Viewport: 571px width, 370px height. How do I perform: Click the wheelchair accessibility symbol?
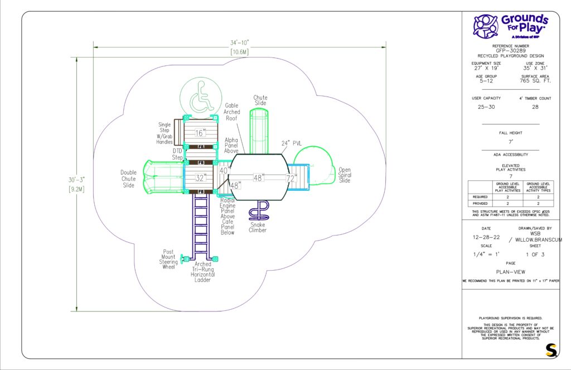click(x=199, y=99)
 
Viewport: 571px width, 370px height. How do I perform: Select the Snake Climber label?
click(x=258, y=227)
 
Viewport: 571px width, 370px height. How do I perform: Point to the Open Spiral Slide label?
click(x=345, y=175)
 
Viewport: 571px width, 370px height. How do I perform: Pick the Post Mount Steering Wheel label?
click(x=169, y=259)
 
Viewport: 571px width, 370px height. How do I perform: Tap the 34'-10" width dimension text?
click(x=239, y=42)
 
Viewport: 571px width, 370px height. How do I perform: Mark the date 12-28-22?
click(x=486, y=237)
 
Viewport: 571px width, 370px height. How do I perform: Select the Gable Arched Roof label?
click(x=232, y=112)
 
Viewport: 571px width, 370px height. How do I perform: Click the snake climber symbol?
click(x=259, y=212)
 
